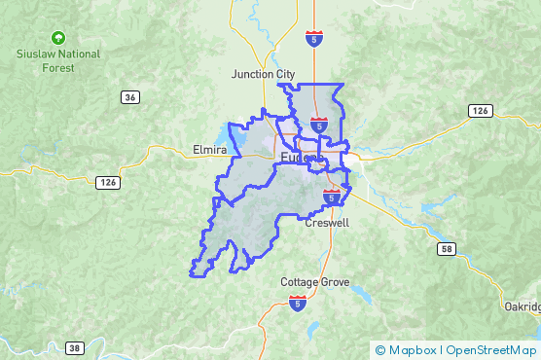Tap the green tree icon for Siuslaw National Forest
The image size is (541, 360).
[x=58, y=38]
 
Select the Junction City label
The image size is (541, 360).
[x=263, y=74]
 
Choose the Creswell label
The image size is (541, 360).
[x=327, y=223]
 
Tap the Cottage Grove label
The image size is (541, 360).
[x=313, y=282]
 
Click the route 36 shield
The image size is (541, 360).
[x=130, y=96]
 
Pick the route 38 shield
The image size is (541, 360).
[x=76, y=347]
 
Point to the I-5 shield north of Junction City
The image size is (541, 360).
[x=313, y=38]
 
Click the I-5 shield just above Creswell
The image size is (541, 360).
[x=332, y=197]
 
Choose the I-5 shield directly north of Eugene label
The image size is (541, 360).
[x=319, y=124]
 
